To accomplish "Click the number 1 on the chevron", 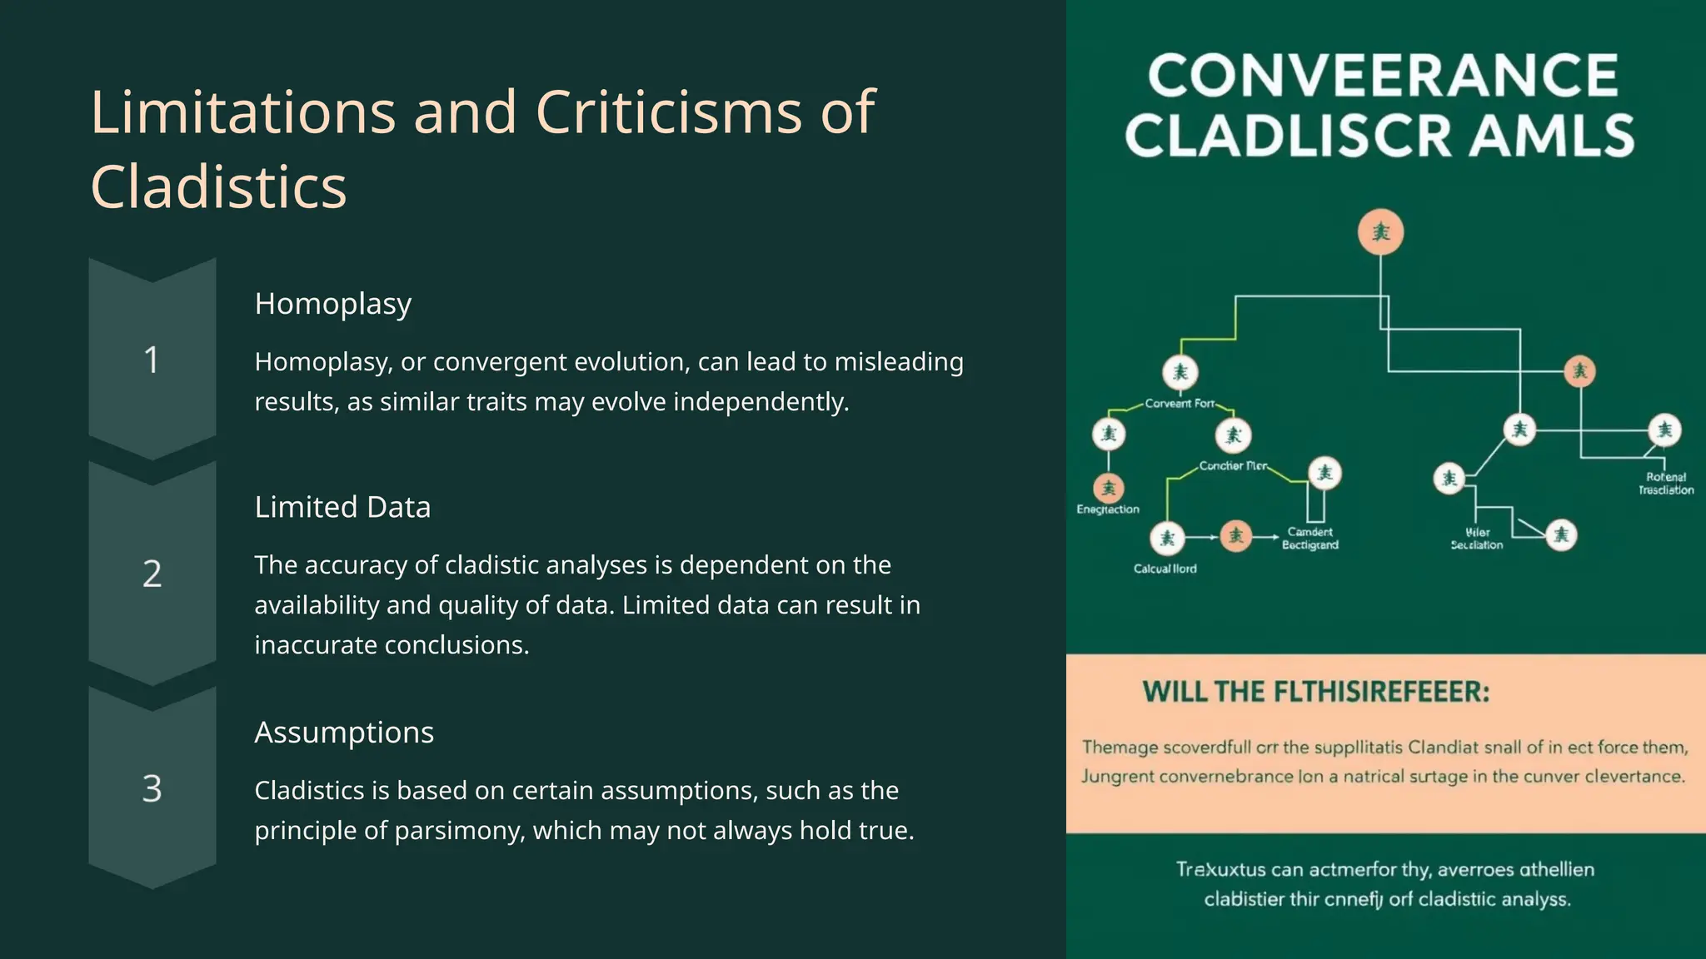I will [x=152, y=360].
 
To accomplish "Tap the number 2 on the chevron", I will [x=152, y=574].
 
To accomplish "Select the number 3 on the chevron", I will [x=152, y=788].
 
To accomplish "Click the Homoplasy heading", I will [x=333, y=304].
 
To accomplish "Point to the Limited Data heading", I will [x=342, y=507].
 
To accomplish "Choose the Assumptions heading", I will [x=344, y=733].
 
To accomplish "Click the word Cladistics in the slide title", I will [x=218, y=186].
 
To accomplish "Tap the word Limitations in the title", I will [x=242, y=112].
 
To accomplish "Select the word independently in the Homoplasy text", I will [x=761, y=402].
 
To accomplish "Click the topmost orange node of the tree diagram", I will [x=1380, y=231].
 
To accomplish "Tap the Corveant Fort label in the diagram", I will [x=1180, y=404].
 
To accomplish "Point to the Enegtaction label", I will [x=1108, y=509].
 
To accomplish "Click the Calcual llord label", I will [x=1165, y=569].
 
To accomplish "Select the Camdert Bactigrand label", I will [x=1309, y=539].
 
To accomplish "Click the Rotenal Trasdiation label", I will [x=1665, y=484].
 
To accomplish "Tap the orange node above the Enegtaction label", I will [x=1108, y=488].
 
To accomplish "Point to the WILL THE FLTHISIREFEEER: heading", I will [x=1315, y=692].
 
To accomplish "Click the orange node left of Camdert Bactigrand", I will [x=1235, y=536].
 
